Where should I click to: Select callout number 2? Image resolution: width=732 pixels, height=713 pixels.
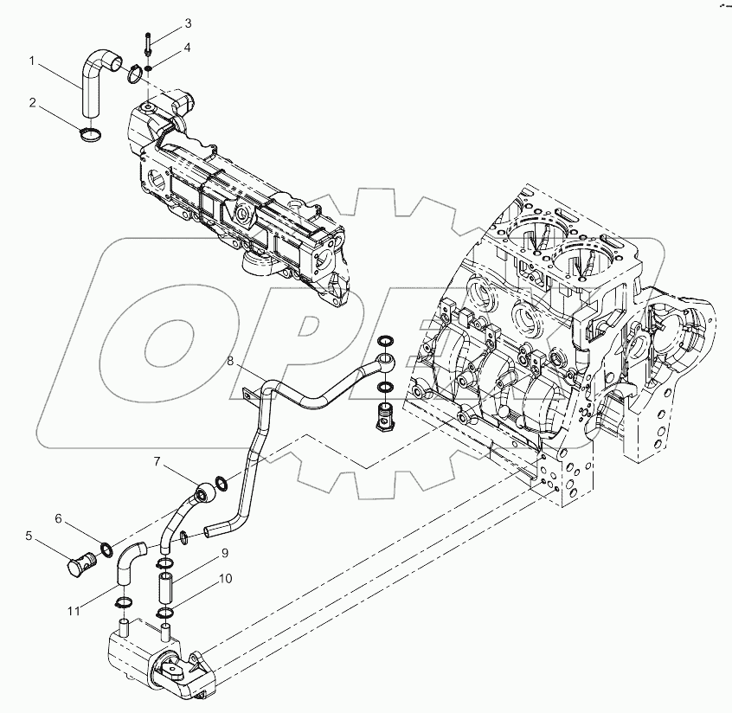click(32, 103)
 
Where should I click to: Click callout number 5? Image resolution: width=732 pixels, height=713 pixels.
click(29, 536)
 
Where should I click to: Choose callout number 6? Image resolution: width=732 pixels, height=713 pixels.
click(59, 519)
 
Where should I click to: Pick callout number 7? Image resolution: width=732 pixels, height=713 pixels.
click(157, 462)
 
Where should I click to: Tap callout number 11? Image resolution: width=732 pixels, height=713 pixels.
click(77, 611)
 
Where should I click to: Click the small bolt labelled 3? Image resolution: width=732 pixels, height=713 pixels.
click(150, 43)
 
